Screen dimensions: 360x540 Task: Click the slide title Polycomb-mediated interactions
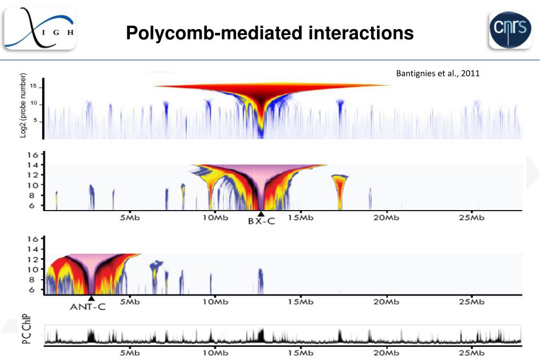click(x=269, y=34)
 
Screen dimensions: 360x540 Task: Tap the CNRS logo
click(x=509, y=30)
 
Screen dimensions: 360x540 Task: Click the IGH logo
click(x=40, y=30)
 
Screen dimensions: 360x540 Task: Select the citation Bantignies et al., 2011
click(x=438, y=74)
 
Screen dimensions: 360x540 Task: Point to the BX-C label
click(x=261, y=222)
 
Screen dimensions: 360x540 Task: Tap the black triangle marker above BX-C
click(x=261, y=213)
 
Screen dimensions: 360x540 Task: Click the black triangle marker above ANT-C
click(x=91, y=298)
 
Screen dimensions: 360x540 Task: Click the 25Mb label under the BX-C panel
click(x=471, y=219)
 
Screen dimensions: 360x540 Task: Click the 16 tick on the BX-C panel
click(x=33, y=155)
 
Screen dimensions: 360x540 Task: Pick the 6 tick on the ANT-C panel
click(x=33, y=290)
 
